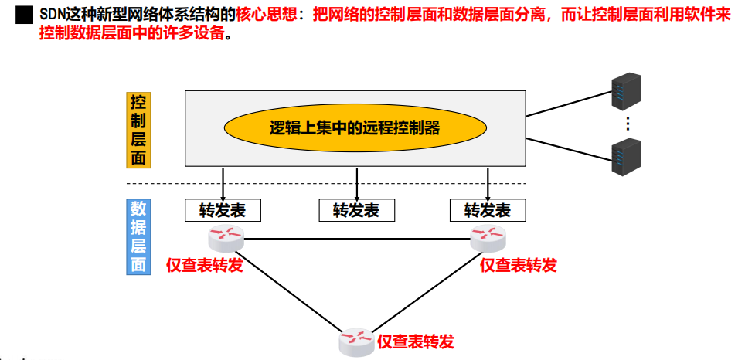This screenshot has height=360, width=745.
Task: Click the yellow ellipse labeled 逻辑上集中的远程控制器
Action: point(355,128)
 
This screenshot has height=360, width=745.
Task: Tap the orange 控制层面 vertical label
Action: point(138,131)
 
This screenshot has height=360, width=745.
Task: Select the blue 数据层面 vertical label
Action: point(138,236)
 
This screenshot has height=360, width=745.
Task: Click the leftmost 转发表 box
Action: point(223,210)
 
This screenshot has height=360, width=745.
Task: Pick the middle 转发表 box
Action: point(356,210)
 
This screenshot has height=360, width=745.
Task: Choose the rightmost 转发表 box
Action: point(488,210)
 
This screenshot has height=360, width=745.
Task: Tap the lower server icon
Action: point(627,158)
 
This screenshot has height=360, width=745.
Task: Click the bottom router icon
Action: point(356,340)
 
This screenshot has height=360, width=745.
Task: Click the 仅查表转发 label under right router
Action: point(519,265)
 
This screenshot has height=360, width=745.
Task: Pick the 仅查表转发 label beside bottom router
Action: point(415,341)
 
